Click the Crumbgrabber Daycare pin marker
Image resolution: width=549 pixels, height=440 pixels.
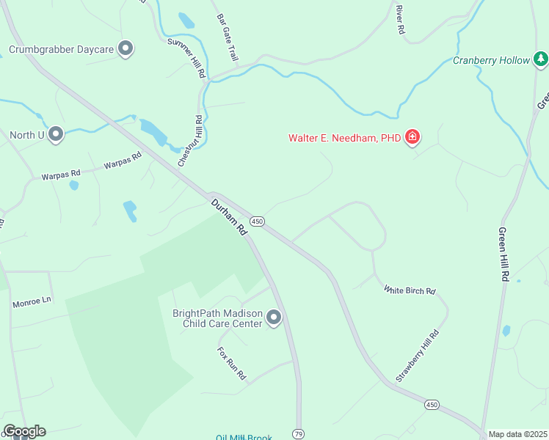click(126, 49)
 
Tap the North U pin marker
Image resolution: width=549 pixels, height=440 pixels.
click(55, 134)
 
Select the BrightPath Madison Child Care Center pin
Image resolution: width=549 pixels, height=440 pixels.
click(274, 318)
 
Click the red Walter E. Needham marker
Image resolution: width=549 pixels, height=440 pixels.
click(412, 137)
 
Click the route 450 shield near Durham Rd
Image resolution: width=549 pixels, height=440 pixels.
click(256, 221)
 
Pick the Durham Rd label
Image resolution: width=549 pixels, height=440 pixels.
click(230, 217)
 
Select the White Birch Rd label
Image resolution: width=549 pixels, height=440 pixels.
click(410, 290)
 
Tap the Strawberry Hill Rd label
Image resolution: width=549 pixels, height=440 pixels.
click(418, 356)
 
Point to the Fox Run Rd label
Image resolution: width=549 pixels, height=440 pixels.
click(231, 364)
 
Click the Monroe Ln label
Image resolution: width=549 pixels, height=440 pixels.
click(32, 301)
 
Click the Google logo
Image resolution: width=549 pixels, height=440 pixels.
click(24, 431)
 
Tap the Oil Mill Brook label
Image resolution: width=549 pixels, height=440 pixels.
click(244, 438)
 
